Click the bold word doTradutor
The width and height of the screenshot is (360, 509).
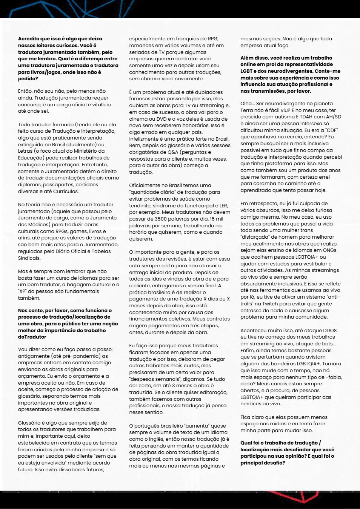click(x=32, y=337)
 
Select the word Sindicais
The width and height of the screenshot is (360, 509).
click(x=29, y=258)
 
